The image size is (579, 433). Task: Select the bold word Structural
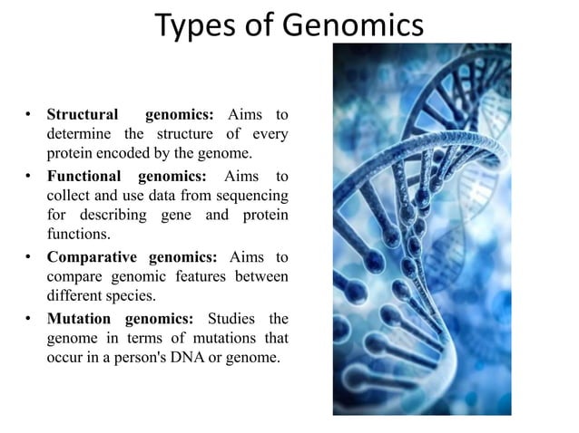pyautogui.click(x=83, y=115)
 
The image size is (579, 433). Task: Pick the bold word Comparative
pyautogui.click(x=93, y=256)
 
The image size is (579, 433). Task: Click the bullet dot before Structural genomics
pyautogui.click(x=30, y=116)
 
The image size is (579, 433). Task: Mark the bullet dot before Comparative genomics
pyautogui.click(x=30, y=257)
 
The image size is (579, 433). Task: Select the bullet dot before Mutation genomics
pyautogui.click(x=30, y=318)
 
